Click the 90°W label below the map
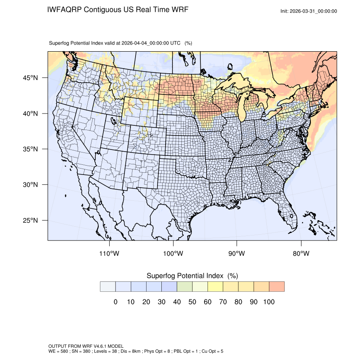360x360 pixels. (x=237, y=254)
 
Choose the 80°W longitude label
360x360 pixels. (x=301, y=254)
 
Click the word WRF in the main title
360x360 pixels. (x=179, y=9)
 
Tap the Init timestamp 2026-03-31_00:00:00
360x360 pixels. (x=314, y=11)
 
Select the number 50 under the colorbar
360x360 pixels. (x=192, y=302)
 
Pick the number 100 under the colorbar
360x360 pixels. (x=269, y=302)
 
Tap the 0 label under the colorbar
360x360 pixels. (x=115, y=302)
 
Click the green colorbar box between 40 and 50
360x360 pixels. (x=185, y=287)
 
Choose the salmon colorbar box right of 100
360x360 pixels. (x=277, y=287)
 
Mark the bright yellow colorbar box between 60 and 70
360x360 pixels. (x=215, y=287)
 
